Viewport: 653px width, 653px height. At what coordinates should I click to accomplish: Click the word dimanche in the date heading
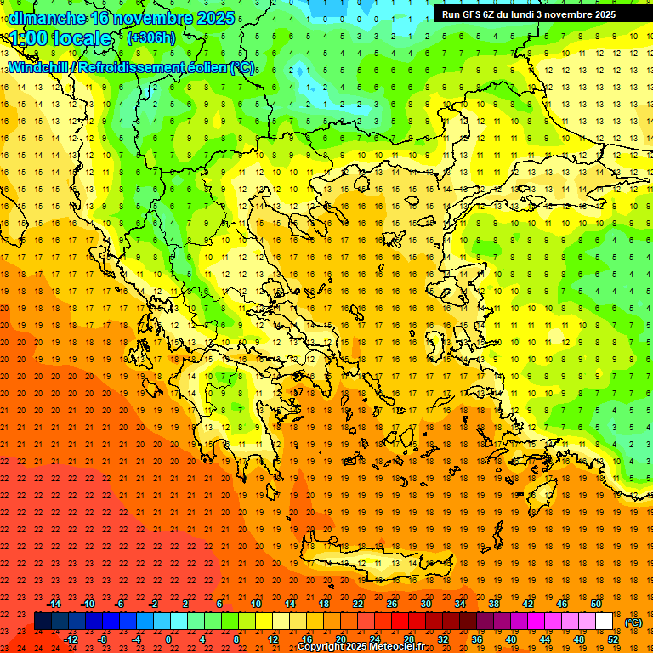pos(47,18)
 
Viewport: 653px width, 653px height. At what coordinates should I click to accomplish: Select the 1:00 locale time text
pos(61,38)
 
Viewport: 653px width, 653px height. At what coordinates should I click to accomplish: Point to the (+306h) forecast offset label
pos(151,38)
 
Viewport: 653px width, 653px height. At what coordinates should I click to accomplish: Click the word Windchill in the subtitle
pos(39,67)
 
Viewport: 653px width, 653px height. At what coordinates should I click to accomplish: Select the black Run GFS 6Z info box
pos(536,14)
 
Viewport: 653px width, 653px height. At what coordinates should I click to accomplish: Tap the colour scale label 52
pos(613,639)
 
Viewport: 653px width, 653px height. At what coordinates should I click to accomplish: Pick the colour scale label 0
pos(168,639)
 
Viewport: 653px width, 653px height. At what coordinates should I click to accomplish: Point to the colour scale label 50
pos(596,604)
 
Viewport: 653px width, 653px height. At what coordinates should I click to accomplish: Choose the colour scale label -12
pos(71,639)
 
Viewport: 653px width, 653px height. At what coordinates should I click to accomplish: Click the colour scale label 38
pos(494,604)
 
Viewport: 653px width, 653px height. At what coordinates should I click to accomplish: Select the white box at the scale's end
pos(604,622)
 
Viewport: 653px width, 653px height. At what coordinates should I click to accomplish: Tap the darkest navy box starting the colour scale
pos(43,622)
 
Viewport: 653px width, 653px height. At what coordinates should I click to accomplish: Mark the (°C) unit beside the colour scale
pos(633,622)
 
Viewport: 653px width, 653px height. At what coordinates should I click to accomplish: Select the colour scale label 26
pos(392,604)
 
